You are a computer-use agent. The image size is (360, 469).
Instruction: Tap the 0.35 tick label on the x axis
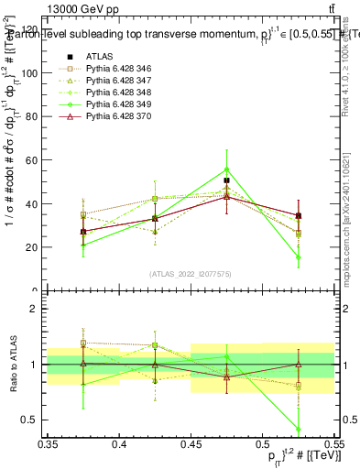point(49,443)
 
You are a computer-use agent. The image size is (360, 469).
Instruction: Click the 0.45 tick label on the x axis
point(191,443)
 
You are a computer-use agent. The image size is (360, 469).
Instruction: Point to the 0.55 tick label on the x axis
point(333,443)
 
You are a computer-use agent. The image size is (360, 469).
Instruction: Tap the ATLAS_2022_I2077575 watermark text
point(191,274)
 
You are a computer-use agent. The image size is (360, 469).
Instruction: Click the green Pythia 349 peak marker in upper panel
point(226,169)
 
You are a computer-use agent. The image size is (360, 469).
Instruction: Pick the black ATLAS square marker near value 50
point(226,180)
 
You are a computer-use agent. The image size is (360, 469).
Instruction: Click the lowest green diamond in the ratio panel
point(298,429)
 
